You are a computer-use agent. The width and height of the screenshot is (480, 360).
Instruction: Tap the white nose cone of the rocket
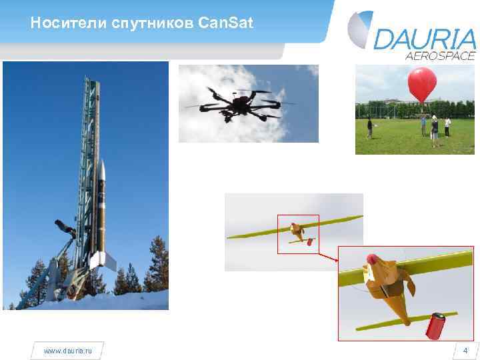click(x=102, y=170)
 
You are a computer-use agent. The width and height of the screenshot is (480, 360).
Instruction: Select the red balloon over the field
click(x=422, y=85)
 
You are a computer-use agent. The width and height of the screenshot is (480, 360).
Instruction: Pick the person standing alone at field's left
click(x=369, y=127)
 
